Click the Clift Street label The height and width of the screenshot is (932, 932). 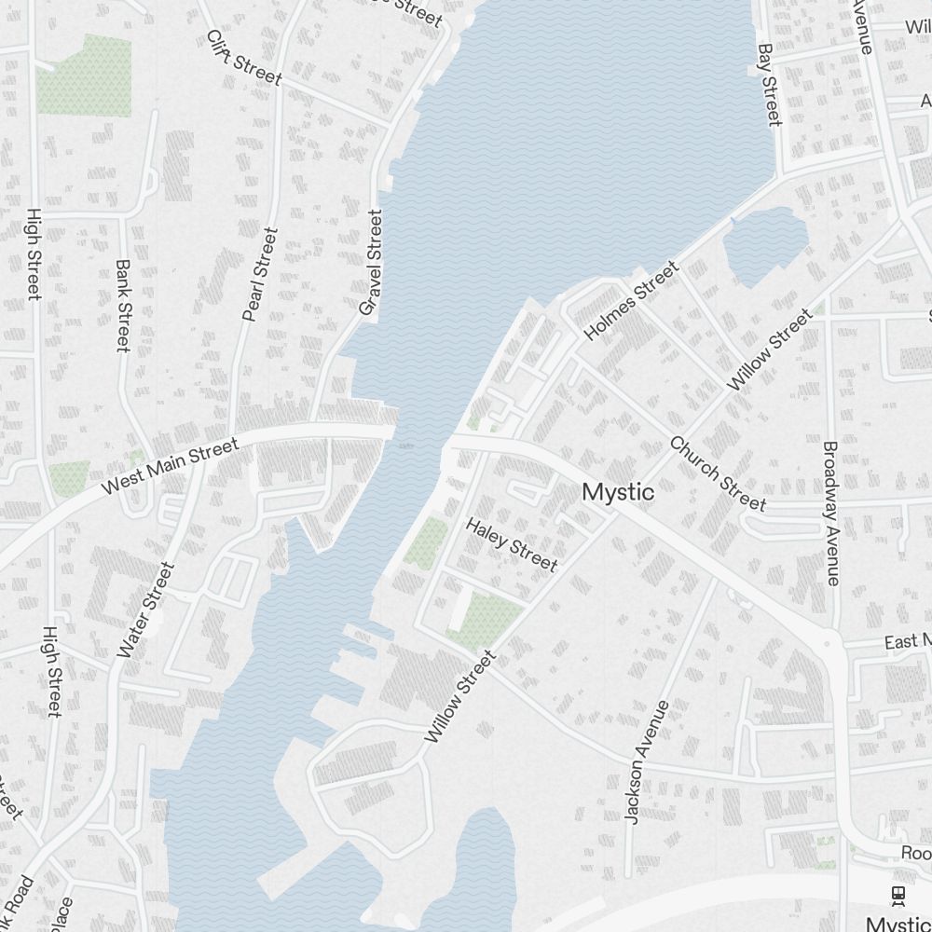(243, 57)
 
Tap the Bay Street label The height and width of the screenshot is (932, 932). (769, 84)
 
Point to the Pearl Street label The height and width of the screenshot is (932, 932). (260, 275)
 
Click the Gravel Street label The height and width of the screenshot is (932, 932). (371, 262)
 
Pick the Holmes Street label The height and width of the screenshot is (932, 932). (632, 300)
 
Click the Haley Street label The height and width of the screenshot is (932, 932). (512, 544)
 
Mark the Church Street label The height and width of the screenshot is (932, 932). (718, 473)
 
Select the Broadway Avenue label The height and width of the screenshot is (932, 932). (831, 513)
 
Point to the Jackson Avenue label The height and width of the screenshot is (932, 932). (647, 761)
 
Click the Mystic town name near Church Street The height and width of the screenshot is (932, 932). (618, 492)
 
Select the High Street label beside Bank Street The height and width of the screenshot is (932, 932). (34, 254)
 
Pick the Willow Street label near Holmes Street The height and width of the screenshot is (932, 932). (769, 350)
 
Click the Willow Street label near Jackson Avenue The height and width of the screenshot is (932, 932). (460, 697)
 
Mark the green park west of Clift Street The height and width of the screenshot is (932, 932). (83, 75)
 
